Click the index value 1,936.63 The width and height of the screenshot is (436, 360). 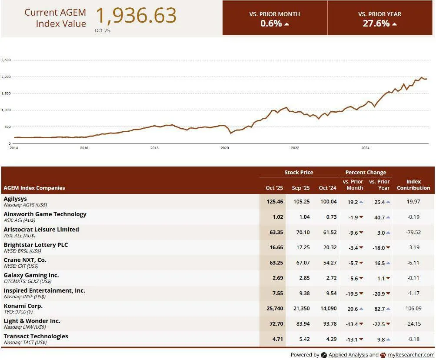tap(136, 16)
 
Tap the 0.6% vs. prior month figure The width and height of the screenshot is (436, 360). tap(271, 23)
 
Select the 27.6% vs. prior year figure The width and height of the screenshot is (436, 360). tap(376, 23)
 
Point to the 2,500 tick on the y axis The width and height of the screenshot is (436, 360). tap(6, 60)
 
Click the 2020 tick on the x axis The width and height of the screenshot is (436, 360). tap(225, 148)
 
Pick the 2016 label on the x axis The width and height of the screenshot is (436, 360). tap(84, 148)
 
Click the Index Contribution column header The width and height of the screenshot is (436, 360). tap(413, 185)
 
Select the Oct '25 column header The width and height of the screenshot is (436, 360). tap(274, 188)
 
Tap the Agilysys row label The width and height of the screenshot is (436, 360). tap(16, 199)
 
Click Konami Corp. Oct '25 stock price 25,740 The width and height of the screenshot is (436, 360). tap(274, 308)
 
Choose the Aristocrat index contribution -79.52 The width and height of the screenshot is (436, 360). tap(413, 232)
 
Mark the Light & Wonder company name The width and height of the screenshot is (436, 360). tap(32, 321)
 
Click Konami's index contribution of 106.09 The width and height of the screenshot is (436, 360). tap(413, 308)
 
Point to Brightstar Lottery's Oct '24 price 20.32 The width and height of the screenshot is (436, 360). tap(327, 247)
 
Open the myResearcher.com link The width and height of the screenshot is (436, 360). tap(411, 355)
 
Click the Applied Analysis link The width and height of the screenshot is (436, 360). tap(348, 355)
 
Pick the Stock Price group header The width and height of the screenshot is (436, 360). tap(299, 172)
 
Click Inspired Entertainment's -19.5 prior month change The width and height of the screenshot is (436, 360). tap(352, 293)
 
